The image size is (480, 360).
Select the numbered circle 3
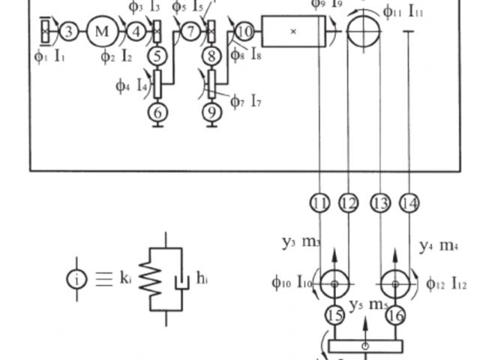tap(68, 31)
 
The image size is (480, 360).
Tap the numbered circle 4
tap(136, 31)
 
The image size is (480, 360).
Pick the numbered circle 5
tap(157, 55)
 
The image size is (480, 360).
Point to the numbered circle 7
tap(192, 31)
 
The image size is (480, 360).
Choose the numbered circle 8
tap(212, 55)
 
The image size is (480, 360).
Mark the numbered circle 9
tap(212, 112)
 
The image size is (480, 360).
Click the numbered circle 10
tap(244, 31)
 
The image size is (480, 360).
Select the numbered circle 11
tap(320, 202)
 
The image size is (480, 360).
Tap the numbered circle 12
tap(349, 202)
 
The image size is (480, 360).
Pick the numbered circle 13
tap(381, 202)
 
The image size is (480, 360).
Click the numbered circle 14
tap(409, 202)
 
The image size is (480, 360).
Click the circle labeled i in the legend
tap(77, 278)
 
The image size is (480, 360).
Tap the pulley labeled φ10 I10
tap(334, 283)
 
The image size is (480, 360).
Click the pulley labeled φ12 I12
tap(394, 283)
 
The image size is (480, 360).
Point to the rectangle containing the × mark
tap(293, 31)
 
